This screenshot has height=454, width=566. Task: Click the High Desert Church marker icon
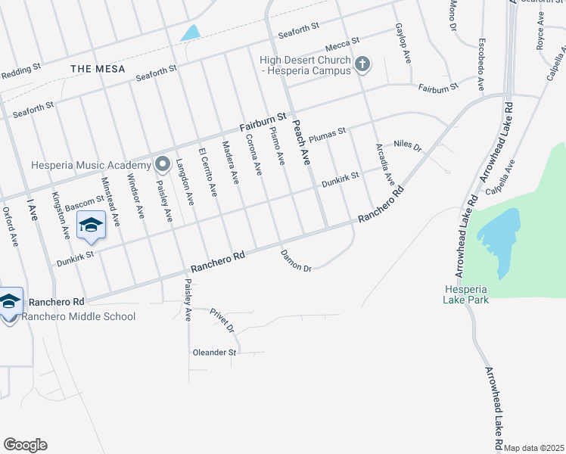[x=362, y=64]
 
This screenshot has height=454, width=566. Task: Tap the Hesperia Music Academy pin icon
[x=162, y=164]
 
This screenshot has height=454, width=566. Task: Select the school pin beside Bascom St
[x=91, y=226]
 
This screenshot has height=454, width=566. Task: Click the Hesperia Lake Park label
[x=466, y=294]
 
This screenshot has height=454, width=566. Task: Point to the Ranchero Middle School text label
[x=79, y=316]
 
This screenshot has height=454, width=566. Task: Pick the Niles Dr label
[x=406, y=144]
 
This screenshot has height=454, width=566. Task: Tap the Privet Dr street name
[x=223, y=320]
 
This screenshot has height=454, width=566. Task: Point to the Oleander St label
[x=214, y=352]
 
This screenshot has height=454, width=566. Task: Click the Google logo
[x=25, y=445]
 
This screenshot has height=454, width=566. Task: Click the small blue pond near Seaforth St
[x=190, y=33]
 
